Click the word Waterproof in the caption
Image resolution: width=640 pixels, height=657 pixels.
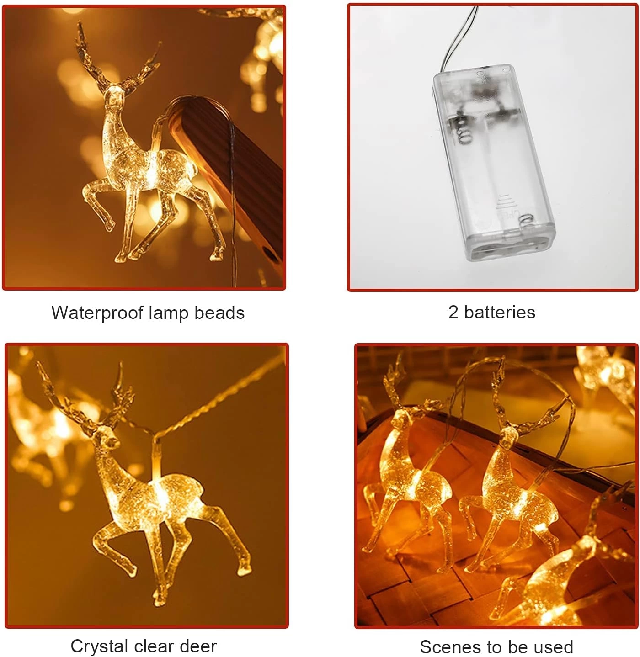[98, 313]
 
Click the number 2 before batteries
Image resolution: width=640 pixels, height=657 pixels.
[453, 313]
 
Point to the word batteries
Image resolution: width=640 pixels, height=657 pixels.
[500, 313]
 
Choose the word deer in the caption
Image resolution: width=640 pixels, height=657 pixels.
[198, 646]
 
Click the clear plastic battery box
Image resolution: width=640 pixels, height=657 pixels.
[494, 163]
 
